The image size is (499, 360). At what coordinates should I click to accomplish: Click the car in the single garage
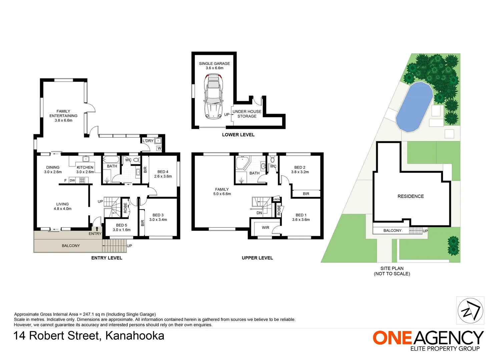[x=213, y=96]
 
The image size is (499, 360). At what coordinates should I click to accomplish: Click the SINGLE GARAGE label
[x=214, y=64]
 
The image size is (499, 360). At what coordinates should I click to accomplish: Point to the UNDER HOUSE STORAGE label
[x=247, y=114]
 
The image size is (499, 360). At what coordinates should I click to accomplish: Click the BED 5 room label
[x=121, y=226]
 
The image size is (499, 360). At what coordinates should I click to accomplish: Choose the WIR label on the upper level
[x=265, y=228]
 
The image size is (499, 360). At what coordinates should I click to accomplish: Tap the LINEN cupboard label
[x=277, y=199]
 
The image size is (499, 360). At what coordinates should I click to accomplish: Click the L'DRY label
[x=148, y=141]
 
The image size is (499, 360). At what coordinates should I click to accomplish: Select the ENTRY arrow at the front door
[x=97, y=229]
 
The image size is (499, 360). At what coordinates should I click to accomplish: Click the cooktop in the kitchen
[x=82, y=180]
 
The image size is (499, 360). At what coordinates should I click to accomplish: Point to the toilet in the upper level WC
[x=272, y=159]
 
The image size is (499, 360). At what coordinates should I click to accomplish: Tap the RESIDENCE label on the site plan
[x=411, y=196]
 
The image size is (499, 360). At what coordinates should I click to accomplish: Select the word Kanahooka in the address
[x=135, y=336]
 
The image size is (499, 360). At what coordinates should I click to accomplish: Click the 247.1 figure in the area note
[x=88, y=314]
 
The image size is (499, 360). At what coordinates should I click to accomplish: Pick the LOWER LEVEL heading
[x=238, y=135]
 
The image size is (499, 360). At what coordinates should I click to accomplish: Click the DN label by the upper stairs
[x=259, y=213]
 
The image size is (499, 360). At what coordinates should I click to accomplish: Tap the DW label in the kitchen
[x=72, y=181]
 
